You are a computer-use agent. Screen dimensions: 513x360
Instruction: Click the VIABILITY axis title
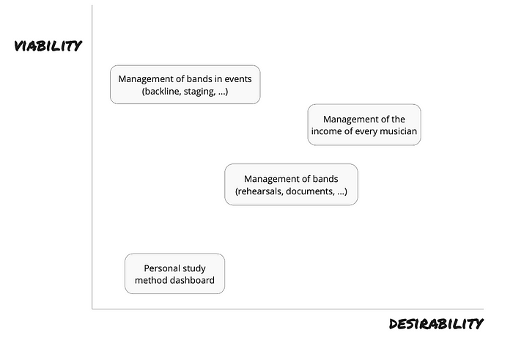[x=48, y=45]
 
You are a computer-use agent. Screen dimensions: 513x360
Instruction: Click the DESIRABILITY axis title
[x=436, y=323]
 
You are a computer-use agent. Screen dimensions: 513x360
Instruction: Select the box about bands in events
[x=185, y=85]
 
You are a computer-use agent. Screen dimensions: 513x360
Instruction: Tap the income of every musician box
[x=364, y=125]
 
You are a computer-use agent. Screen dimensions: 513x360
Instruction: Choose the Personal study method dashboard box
[x=174, y=273]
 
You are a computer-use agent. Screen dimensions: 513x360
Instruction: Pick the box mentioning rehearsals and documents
[x=291, y=185]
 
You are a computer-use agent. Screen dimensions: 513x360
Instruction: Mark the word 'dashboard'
[x=194, y=280]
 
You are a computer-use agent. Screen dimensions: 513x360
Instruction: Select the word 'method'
[x=153, y=280]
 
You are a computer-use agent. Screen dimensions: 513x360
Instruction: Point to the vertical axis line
[x=92, y=157]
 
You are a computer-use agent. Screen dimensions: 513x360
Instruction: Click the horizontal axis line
[x=288, y=309]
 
